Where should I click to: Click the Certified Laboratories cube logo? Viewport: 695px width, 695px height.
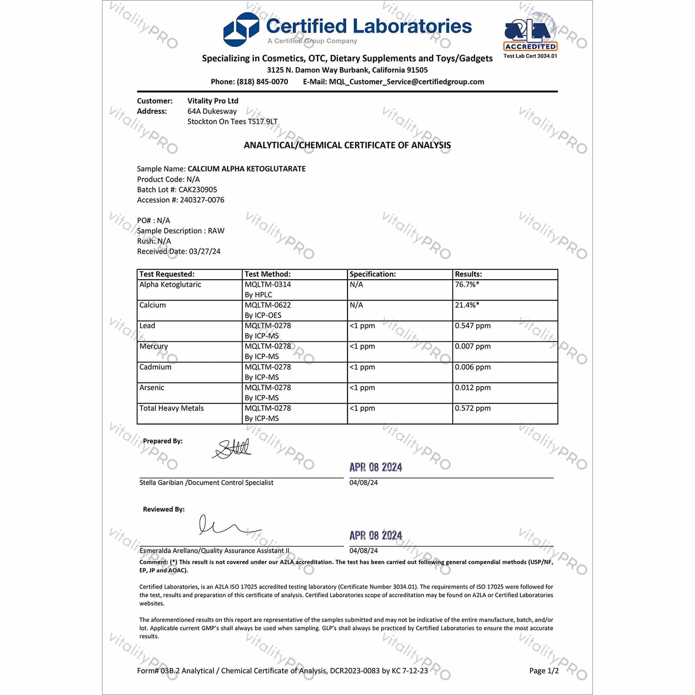tap(241, 30)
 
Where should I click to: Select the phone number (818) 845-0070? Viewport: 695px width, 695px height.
tap(262, 82)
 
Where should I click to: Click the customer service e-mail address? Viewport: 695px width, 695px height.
tap(406, 82)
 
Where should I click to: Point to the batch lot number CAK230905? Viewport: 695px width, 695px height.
tap(198, 189)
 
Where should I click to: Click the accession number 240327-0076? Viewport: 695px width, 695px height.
tap(202, 200)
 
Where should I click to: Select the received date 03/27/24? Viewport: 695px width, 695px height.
tap(205, 251)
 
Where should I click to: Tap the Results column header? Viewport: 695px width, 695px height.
tap(468, 274)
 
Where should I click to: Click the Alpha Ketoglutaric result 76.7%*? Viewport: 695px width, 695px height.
tap(467, 285)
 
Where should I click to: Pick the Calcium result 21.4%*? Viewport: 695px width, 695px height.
tap(467, 305)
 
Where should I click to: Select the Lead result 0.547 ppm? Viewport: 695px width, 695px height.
tap(473, 326)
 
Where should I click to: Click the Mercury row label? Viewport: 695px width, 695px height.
tap(153, 346)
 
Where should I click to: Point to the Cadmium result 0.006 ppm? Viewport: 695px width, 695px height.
tap(473, 367)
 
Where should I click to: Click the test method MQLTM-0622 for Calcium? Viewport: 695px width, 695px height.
tap(268, 305)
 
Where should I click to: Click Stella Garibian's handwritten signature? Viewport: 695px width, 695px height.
tap(232, 449)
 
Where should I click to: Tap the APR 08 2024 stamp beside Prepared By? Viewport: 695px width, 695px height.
tap(376, 467)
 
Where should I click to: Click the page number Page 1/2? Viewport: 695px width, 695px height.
tap(544, 671)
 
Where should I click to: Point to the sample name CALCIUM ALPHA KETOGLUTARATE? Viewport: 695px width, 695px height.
tap(246, 169)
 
